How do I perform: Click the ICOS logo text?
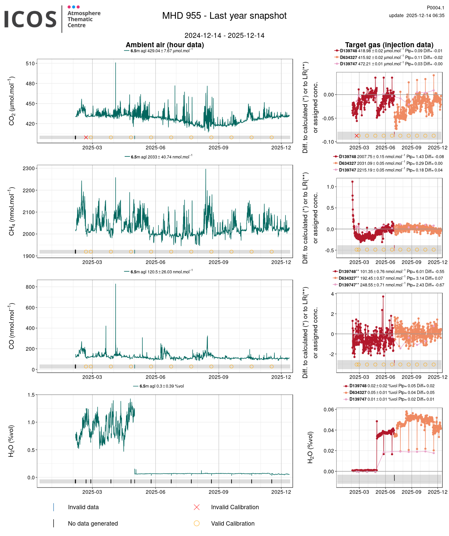(30, 19)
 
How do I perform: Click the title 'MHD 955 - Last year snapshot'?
(224, 16)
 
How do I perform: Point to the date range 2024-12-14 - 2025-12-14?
(224, 36)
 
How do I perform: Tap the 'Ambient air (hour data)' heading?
(165, 45)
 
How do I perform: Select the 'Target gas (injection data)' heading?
(389, 45)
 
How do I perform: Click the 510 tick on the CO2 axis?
(30, 63)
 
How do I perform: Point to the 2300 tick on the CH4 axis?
(29, 169)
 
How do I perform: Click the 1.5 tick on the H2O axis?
(31, 395)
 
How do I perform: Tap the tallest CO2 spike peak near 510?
(116, 63)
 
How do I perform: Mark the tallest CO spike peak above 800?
(116, 284)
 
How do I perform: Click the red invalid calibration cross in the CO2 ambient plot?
(86, 137)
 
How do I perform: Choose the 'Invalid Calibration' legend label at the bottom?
(235, 507)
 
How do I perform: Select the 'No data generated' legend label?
(93, 524)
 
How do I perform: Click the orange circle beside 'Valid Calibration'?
(197, 523)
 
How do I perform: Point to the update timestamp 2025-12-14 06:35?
(416, 15)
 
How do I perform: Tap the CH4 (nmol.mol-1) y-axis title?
(12, 211)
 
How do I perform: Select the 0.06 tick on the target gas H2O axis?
(329, 409)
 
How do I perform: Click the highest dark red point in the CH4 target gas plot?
(352, 182)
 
